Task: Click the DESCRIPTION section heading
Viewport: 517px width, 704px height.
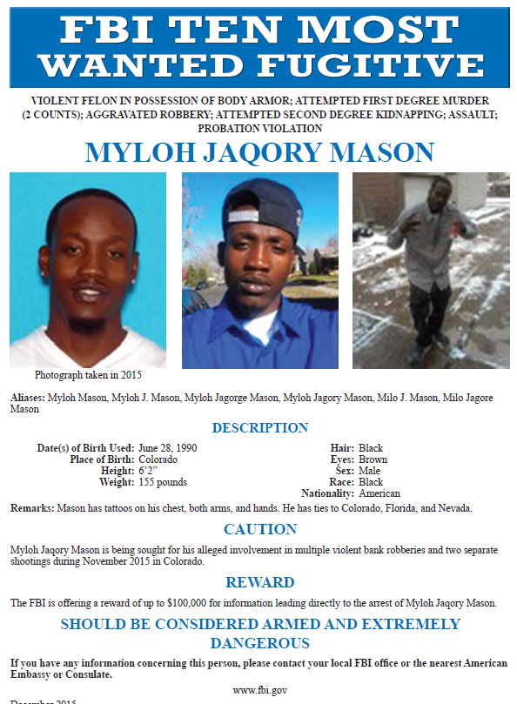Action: pyautogui.click(x=260, y=427)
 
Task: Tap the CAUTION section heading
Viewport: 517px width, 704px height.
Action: pyautogui.click(x=260, y=529)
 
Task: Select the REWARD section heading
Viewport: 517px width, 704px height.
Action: pyautogui.click(x=260, y=582)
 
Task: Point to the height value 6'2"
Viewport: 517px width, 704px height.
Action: pyautogui.click(x=150, y=471)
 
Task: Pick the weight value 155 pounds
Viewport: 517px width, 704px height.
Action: pyautogui.click(x=163, y=482)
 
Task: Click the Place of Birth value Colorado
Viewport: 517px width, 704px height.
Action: pyautogui.click(x=158, y=459)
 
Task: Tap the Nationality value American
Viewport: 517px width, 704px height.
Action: pyautogui.click(x=379, y=493)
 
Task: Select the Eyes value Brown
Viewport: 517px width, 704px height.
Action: pyautogui.click(x=373, y=459)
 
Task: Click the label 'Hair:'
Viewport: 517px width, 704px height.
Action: pyautogui.click(x=344, y=448)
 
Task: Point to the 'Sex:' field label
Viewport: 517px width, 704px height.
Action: pyautogui.click(x=345, y=471)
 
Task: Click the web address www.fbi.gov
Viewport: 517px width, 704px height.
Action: pyautogui.click(x=260, y=690)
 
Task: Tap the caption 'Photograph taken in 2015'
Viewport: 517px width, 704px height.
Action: pyautogui.click(x=88, y=375)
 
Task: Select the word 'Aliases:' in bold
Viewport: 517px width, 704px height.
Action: pyautogui.click(x=27, y=398)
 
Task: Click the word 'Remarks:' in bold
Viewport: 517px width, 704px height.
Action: pyautogui.click(x=30, y=508)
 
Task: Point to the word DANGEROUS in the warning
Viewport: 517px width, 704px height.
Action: pyautogui.click(x=260, y=643)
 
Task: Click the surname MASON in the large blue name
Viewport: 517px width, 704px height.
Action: pyautogui.click(x=378, y=153)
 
